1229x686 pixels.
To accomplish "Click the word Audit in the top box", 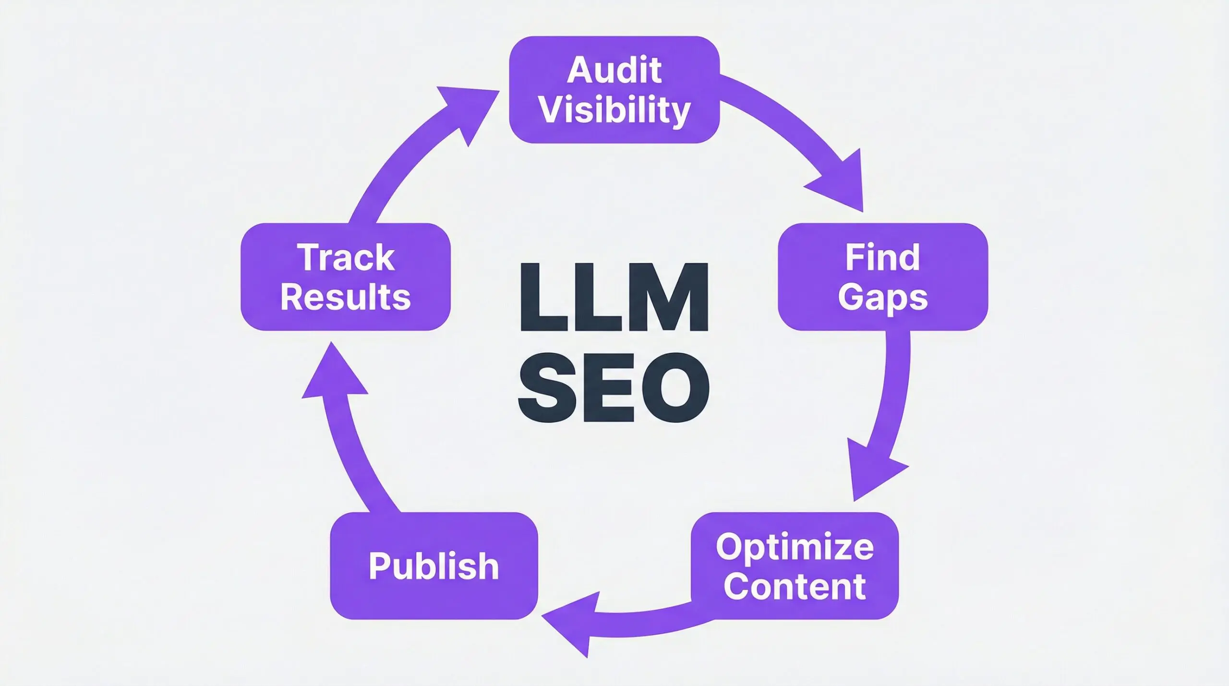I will tap(614, 70).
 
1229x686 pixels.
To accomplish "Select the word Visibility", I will tap(614, 111).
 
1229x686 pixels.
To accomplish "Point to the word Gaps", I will tap(882, 298).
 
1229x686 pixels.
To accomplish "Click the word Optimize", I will tap(795, 547).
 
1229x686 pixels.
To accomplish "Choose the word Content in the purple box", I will tap(795, 586).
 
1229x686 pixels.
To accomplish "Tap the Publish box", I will tap(434, 566).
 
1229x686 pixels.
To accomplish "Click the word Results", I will tap(346, 297).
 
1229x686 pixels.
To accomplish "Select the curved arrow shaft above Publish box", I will tap(355, 461).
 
